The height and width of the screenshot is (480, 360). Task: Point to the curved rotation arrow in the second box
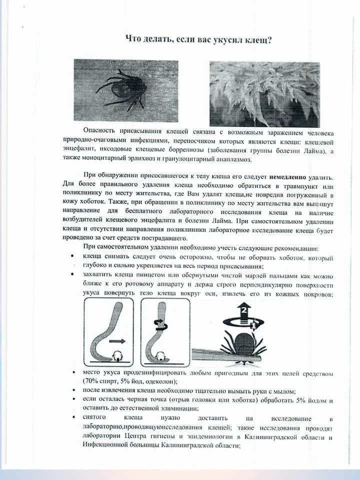tap(161, 325)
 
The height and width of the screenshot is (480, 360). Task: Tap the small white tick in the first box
tap(119, 356)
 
